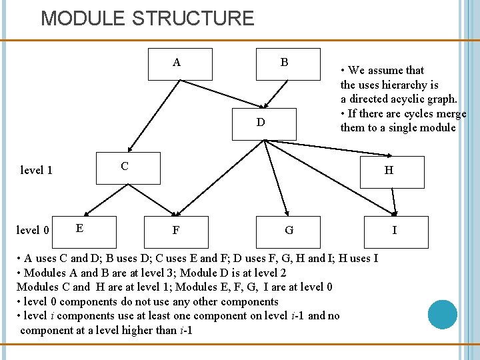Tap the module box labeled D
click(263, 123)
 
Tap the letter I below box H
click(395, 231)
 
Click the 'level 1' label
click(37, 170)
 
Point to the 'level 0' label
click(33, 231)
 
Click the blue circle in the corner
click(442, 314)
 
